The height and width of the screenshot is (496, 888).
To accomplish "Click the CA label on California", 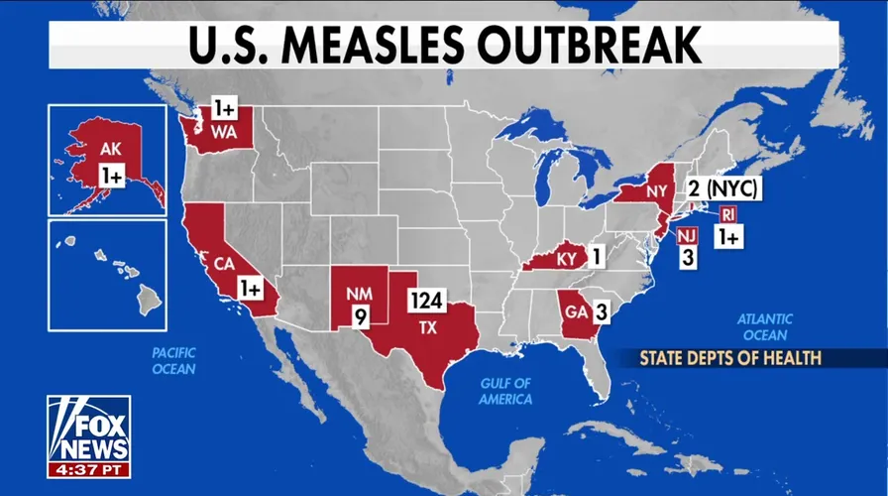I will tap(224, 263).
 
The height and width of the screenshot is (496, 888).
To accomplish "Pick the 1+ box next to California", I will tap(251, 288).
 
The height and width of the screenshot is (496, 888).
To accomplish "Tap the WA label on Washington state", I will tap(221, 132).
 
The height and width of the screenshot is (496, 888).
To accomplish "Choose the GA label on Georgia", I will tap(573, 313).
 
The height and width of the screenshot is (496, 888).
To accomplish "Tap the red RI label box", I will tap(727, 214).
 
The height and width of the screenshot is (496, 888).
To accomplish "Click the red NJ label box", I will tap(686, 236).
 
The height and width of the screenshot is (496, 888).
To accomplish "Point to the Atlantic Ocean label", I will tap(764, 327).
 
